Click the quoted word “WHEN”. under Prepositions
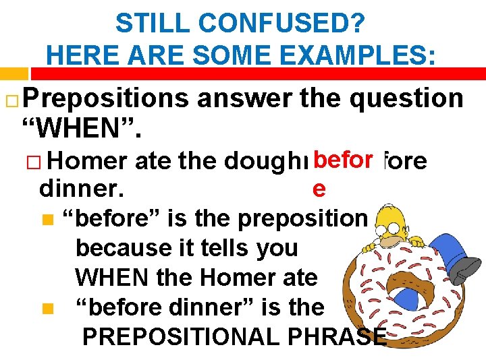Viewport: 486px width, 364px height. click(x=82, y=126)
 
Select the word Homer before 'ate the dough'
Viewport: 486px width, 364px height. click(x=88, y=162)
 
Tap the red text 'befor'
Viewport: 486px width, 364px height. click(x=344, y=160)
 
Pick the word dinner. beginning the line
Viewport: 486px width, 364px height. click(x=82, y=189)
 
